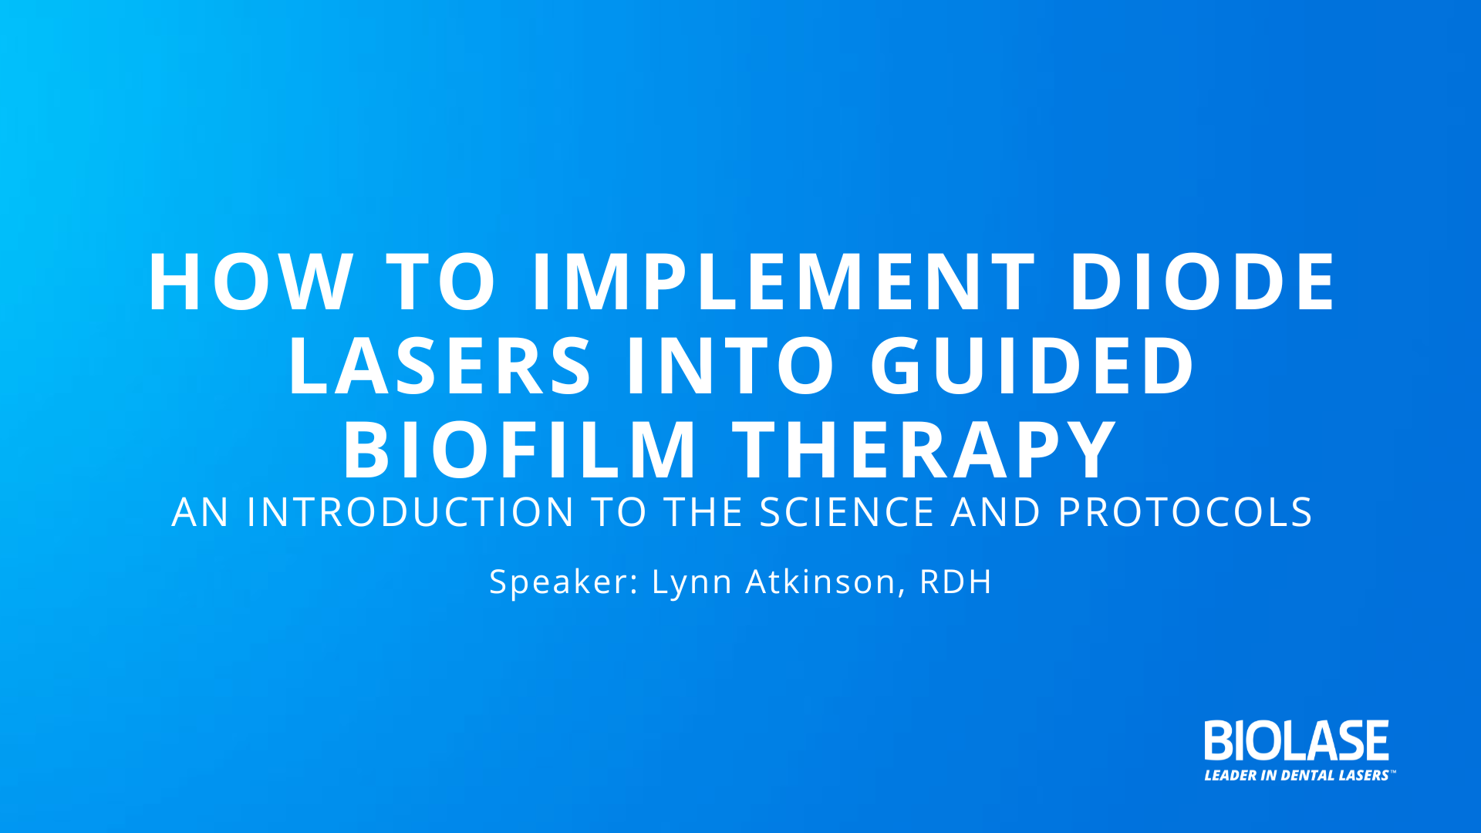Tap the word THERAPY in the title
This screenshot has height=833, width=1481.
(925, 450)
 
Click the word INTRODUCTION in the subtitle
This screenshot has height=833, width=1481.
(410, 512)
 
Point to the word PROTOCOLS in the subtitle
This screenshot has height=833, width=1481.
(1186, 512)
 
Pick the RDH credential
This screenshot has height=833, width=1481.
(956, 582)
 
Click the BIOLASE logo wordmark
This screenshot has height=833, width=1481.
(1297, 740)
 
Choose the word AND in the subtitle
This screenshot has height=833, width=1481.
(997, 512)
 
